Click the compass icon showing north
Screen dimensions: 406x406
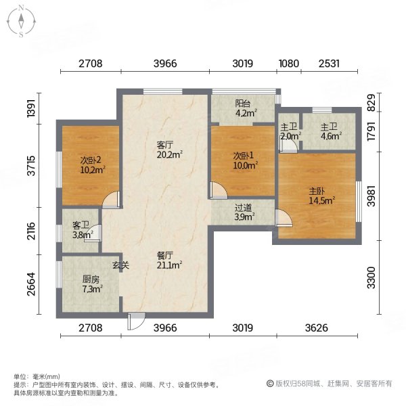tap(22, 20)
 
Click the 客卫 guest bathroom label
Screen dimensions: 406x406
tap(81, 231)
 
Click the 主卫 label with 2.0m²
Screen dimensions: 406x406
tap(290, 131)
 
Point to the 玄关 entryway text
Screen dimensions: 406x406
tap(120, 265)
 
